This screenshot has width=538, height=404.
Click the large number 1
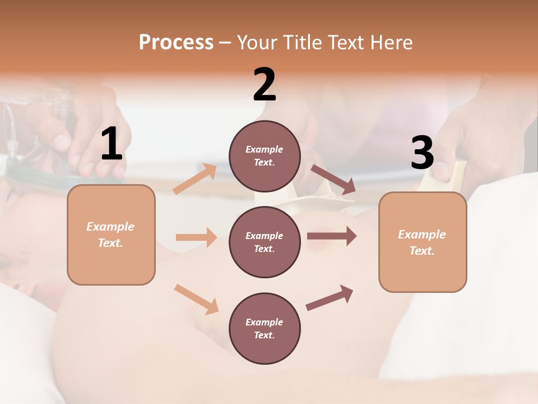point(112,144)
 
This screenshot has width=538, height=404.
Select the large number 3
point(422,153)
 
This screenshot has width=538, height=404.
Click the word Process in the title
point(176,42)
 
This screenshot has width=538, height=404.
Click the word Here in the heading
point(392,42)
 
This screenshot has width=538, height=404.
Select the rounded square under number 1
point(111,235)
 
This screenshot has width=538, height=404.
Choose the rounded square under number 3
point(423,242)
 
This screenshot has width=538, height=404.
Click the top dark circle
point(265,156)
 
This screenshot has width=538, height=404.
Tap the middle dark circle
point(265,242)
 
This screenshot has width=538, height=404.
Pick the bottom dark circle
point(265,328)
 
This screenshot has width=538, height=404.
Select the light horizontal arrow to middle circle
point(196,237)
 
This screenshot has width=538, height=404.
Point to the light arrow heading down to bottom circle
point(197,299)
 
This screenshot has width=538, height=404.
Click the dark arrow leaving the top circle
point(333,179)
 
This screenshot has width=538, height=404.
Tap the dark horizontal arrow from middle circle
point(332,236)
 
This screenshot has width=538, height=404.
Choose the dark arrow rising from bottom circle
point(330,297)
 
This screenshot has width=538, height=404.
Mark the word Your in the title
point(256,42)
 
